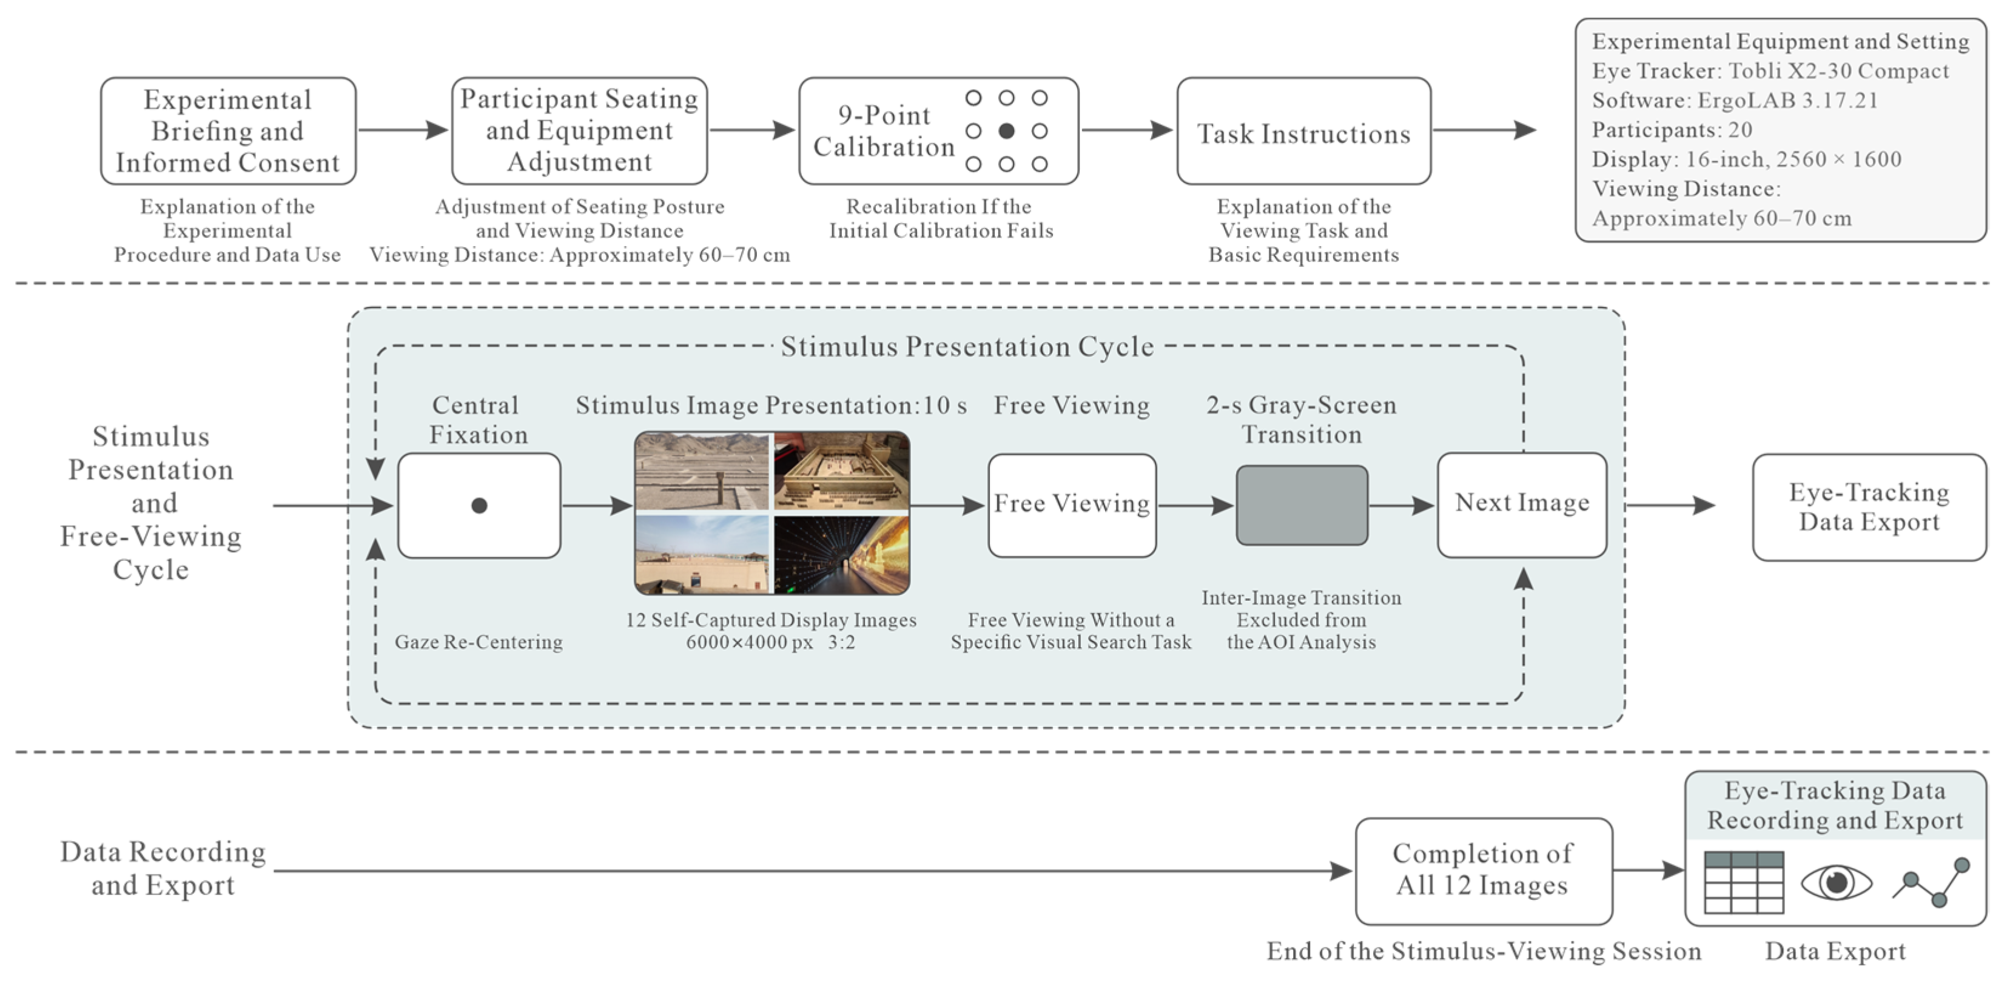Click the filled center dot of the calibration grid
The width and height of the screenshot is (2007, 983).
coord(1007,131)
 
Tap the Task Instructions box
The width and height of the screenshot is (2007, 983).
coord(1303,131)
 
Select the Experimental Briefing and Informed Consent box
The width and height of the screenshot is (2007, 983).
coord(228,131)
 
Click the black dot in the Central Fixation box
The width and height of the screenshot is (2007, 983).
coord(479,506)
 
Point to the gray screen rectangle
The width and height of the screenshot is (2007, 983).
coord(1302,506)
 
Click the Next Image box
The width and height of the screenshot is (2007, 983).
coord(1522,505)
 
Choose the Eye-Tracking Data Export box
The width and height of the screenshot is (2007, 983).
coord(1869,507)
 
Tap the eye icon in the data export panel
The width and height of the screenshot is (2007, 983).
coord(1837,882)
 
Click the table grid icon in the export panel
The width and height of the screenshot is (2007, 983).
coord(1744,882)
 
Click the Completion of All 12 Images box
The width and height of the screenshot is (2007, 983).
coord(1484,871)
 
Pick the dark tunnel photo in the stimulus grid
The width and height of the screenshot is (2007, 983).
coord(841,555)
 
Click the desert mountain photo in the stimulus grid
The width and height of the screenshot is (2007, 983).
coord(702,471)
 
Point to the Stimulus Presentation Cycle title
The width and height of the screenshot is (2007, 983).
coord(967,347)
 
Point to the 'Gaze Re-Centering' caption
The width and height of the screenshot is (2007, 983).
coord(479,642)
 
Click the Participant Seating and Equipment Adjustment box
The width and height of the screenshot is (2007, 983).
coord(580,131)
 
